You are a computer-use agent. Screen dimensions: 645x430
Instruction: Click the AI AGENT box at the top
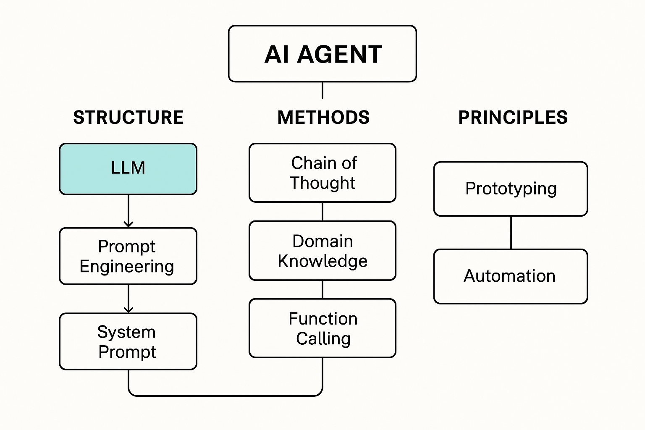[x=322, y=54]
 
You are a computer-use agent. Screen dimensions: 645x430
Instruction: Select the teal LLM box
[x=128, y=169]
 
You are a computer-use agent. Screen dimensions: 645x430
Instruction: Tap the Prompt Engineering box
[x=128, y=256]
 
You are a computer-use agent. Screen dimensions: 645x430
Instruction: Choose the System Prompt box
[x=128, y=341]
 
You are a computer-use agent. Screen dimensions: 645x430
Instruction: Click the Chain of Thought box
[x=322, y=173]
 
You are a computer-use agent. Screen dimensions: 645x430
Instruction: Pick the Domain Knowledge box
[x=322, y=250]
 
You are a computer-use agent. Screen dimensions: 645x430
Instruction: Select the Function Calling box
[x=322, y=328]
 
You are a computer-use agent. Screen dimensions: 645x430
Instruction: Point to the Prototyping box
[x=511, y=189]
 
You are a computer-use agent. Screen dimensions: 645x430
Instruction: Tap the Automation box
[x=511, y=276]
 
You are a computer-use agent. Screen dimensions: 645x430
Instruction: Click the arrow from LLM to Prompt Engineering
[x=128, y=211]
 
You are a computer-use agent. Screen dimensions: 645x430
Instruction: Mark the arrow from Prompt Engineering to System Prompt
[x=128, y=299]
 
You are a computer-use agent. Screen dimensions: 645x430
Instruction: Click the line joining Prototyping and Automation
[x=511, y=233]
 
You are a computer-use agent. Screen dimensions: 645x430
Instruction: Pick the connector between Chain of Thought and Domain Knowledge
[x=322, y=212]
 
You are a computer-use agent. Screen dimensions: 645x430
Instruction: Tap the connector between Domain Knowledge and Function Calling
[x=322, y=289]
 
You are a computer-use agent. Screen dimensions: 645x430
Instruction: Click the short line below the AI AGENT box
[x=322, y=90]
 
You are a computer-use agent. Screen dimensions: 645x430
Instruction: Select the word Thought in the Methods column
[x=322, y=183]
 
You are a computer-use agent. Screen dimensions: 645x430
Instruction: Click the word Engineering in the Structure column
[x=127, y=267]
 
